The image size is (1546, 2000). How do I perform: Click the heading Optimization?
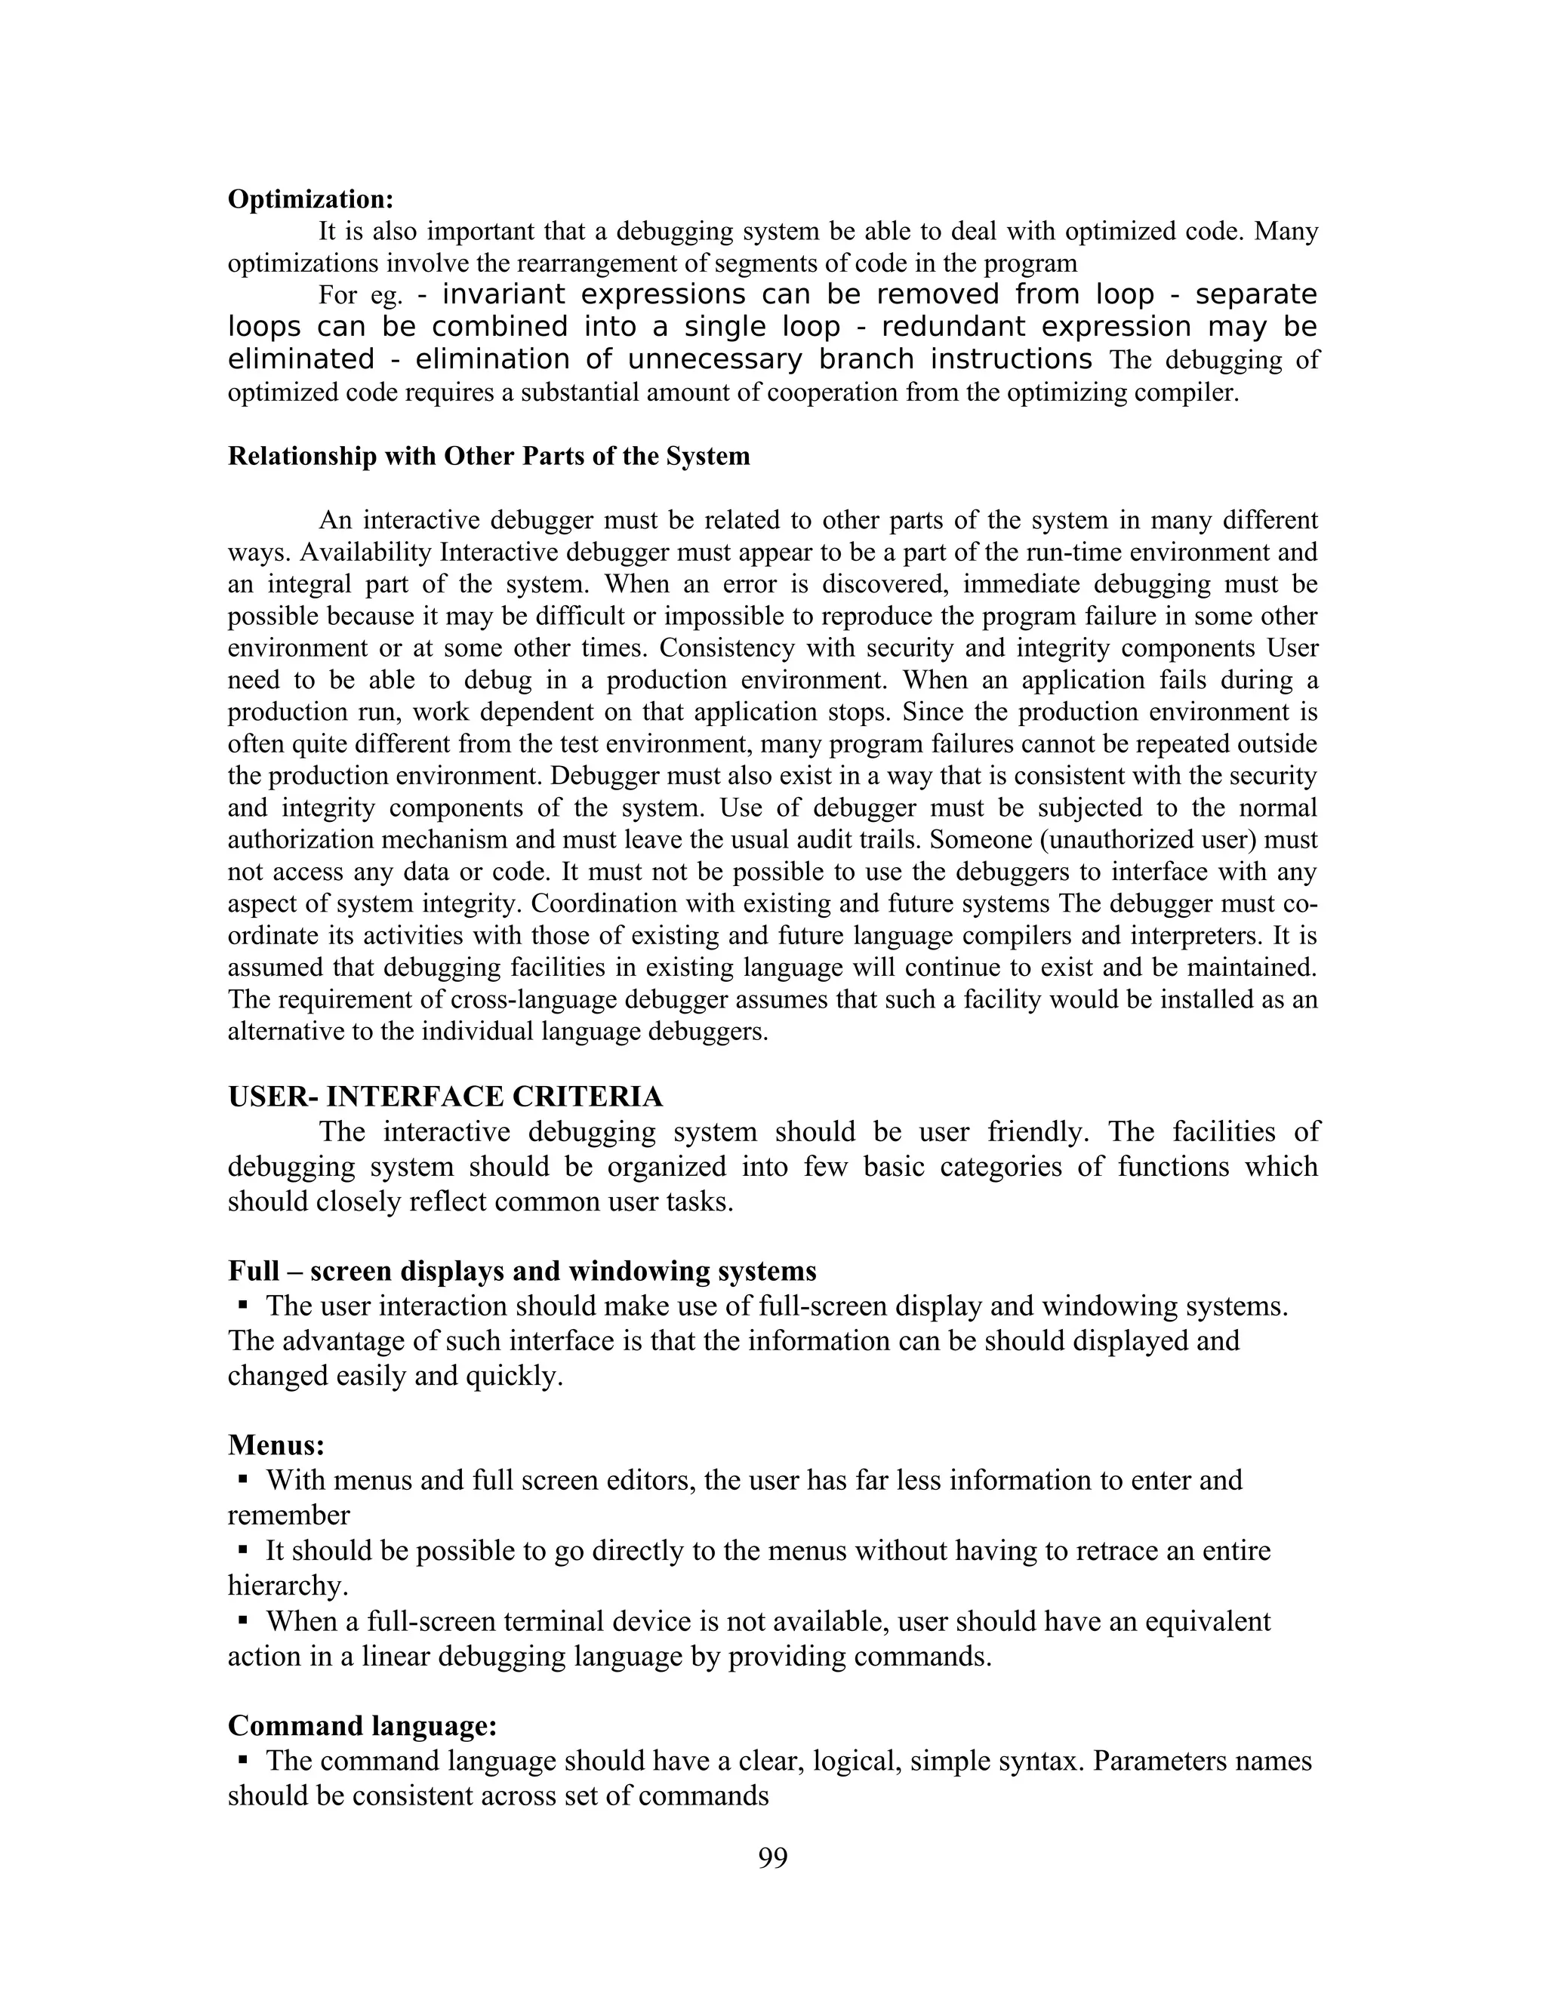click(310, 198)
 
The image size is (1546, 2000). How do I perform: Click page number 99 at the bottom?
click(772, 1857)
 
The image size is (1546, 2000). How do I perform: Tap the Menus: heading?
click(276, 1445)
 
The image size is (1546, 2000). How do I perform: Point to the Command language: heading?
click(362, 1725)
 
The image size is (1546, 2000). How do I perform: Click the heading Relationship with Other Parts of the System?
click(488, 456)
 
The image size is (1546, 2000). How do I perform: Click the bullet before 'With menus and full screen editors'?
click(244, 1480)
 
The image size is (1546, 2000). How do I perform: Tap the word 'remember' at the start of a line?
click(288, 1515)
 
